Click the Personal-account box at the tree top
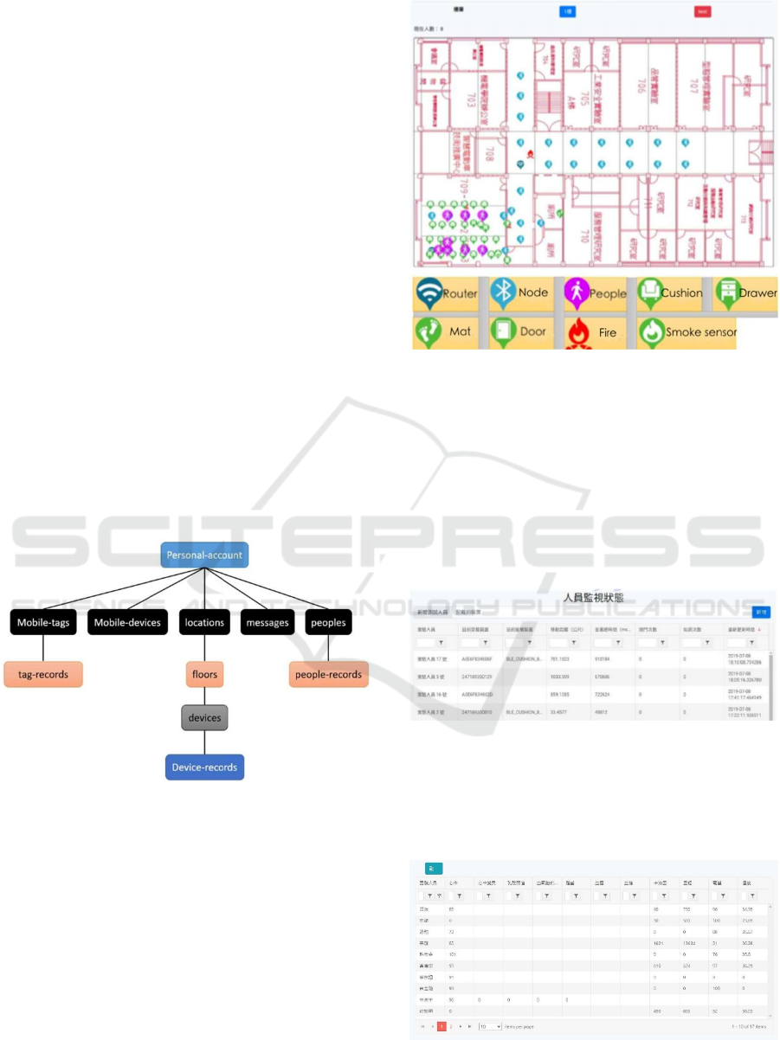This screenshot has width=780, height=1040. tap(204, 555)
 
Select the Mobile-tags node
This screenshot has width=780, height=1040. tap(42, 622)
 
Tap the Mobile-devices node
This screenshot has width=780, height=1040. tap(127, 622)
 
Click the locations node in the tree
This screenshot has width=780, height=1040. tap(204, 622)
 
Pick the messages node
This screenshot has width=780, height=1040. tap(268, 622)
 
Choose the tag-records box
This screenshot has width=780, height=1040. tap(43, 674)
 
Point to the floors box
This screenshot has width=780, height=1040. tap(204, 673)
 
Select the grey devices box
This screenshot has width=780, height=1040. tap(204, 717)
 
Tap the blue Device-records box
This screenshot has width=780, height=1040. tap(204, 767)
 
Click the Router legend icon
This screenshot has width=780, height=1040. tap(427, 294)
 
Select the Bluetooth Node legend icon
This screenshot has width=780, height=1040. tap(502, 293)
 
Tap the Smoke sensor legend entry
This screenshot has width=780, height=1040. tap(687, 332)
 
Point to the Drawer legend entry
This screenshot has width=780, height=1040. tap(747, 292)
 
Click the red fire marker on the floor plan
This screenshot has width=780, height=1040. tap(530, 153)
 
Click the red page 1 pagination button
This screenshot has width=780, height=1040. tap(442, 1026)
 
